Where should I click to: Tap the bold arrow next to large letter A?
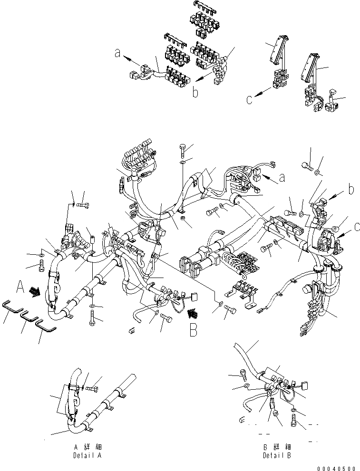tap(35, 291)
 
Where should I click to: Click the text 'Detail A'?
tap(88, 455)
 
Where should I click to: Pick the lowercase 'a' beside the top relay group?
tap(117, 54)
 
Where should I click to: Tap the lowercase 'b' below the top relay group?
tap(195, 92)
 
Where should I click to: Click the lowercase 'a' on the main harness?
tap(282, 178)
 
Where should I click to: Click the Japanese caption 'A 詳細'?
tap(88, 447)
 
